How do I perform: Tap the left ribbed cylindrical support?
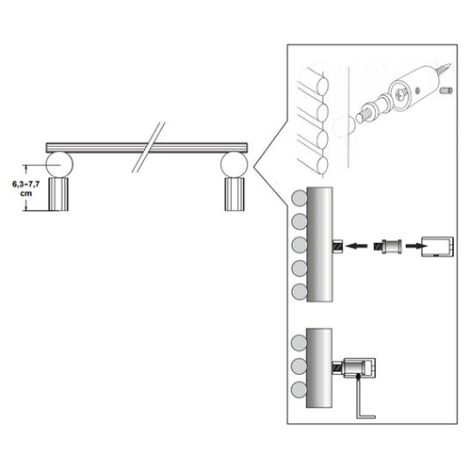coord(61,194)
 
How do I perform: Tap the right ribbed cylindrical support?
coord(234,194)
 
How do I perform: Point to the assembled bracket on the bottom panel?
coord(359,367)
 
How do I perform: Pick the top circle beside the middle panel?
coord(300,200)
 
